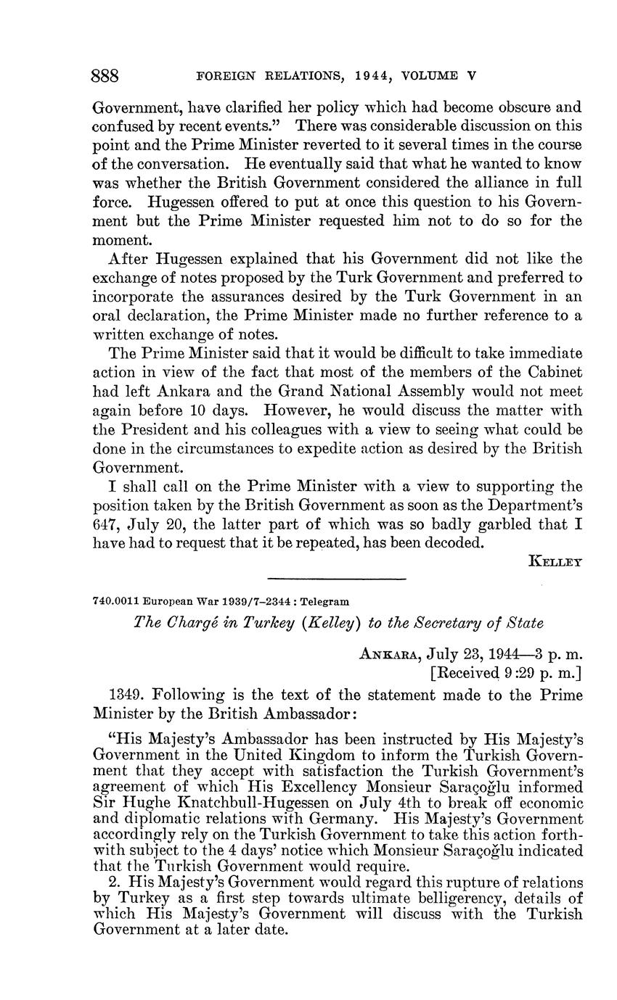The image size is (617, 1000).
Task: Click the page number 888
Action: (105, 76)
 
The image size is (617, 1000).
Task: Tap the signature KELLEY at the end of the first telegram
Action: (556, 561)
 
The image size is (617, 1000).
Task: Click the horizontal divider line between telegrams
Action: (336, 579)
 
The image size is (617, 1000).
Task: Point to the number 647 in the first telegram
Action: (107, 524)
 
